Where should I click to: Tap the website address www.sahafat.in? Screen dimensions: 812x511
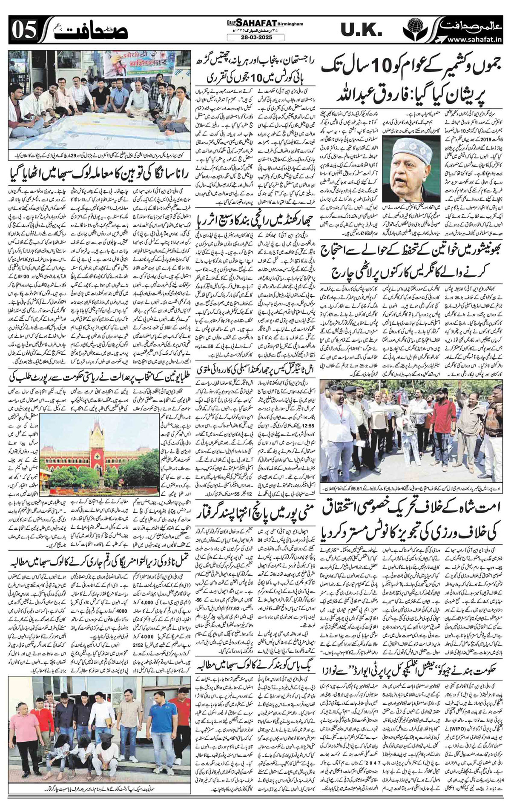pyautogui.click(x=475, y=39)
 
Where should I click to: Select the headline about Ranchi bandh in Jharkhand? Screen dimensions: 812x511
pyautogui.click(x=254, y=209)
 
